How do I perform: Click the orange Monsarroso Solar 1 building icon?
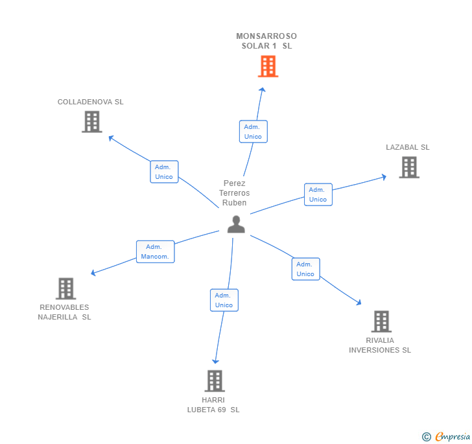point(267,66)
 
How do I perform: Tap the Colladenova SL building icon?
point(91,121)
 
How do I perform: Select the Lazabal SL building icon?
point(408,167)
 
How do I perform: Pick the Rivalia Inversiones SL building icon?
point(381,321)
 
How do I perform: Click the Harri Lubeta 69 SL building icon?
point(214,380)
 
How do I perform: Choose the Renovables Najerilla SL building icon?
point(65,288)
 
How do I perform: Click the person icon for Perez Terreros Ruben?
point(236,224)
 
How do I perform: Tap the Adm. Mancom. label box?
point(155,251)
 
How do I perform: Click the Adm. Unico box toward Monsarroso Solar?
point(253,132)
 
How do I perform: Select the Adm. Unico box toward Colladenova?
point(164,172)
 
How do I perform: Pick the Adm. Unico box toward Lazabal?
point(318,194)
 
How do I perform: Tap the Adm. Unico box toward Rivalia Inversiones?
point(305,269)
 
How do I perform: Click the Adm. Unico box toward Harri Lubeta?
point(224,300)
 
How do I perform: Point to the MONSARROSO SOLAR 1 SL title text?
point(266,41)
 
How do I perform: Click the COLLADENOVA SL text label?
point(90,102)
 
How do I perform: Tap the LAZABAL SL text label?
point(408,147)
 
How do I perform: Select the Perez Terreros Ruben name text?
point(234,193)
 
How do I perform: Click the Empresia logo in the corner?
point(447,436)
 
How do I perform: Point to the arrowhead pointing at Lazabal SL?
point(384,176)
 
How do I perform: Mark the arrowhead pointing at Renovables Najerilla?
point(93,273)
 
